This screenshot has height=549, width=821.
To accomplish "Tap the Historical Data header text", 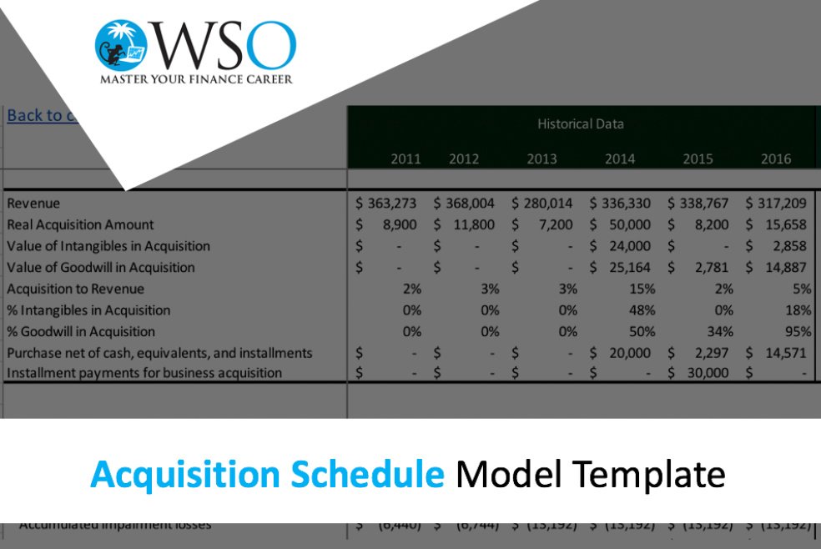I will (x=581, y=124).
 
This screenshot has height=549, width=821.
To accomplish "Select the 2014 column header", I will (x=619, y=159).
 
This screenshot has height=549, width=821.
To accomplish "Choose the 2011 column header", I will (x=405, y=159).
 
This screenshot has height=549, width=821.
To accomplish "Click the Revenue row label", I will (x=33, y=204).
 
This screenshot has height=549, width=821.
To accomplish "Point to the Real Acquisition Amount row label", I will (x=80, y=225).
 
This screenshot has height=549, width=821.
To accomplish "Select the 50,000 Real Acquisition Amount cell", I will (x=630, y=225).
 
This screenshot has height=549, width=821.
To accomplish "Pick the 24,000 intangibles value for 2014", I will (x=630, y=246).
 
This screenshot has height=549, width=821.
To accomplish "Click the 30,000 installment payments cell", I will (x=708, y=373).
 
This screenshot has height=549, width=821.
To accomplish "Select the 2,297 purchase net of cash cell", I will (x=710, y=353).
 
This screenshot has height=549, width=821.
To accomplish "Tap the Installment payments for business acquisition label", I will (x=144, y=373).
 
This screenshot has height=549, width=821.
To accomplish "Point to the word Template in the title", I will (x=650, y=475).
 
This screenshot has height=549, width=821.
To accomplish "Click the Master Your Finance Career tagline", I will (x=196, y=80).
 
